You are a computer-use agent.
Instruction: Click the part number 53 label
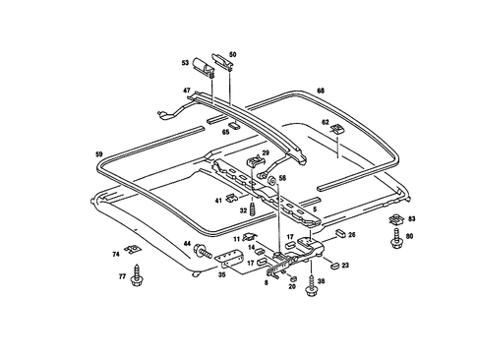pos(184,62)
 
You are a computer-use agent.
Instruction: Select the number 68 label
pos(321,91)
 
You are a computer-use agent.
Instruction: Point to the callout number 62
pos(326,122)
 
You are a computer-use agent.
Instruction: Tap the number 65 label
pos(225,131)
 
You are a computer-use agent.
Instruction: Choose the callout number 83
pos(411,217)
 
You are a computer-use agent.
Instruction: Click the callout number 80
pos(411,236)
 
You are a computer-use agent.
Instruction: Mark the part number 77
pos(123,278)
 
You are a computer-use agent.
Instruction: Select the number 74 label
pos(116,255)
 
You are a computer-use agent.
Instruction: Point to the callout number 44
pos(187,242)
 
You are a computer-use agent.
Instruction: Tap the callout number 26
pos(352,234)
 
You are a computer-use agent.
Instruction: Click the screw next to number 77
pos(139,278)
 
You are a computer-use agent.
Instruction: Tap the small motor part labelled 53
pos(205,67)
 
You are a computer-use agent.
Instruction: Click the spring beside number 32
pos(254,210)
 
